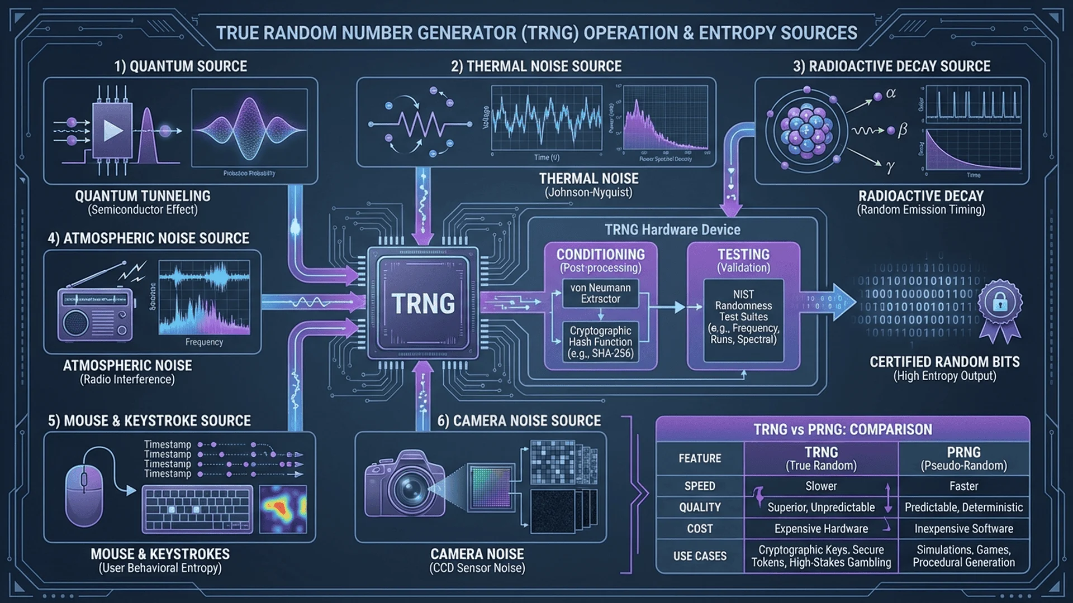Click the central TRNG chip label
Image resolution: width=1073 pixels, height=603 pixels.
423,304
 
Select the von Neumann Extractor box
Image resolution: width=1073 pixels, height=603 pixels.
600,293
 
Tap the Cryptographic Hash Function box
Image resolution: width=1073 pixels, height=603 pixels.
600,342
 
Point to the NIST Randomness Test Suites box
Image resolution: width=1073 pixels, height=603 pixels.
743,317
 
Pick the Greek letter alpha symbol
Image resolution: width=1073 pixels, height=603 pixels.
891,94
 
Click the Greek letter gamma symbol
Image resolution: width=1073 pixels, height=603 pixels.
890,166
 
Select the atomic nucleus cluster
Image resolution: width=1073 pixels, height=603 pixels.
806,131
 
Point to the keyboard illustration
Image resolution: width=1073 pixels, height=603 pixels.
197,509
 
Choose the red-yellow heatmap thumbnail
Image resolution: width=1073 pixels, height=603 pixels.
283,508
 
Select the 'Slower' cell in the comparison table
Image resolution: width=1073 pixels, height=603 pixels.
821,486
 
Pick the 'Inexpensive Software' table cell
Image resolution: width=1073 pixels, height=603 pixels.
963,529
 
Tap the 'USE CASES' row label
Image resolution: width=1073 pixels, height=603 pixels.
700,556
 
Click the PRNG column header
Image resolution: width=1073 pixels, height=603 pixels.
963,458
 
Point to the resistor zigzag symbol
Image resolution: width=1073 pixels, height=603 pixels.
420,124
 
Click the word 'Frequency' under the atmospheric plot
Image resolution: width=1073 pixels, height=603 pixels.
204,342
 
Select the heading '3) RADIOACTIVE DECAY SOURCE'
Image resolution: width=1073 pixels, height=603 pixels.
891,66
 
